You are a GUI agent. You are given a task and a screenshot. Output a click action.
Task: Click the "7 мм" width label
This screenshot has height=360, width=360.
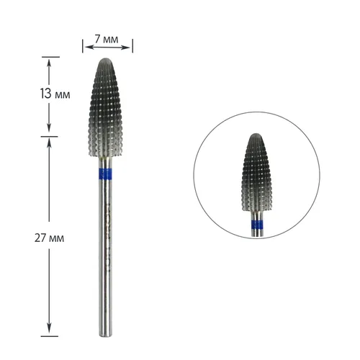(107, 33)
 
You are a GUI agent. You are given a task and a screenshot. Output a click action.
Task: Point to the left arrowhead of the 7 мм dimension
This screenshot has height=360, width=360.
(86, 47)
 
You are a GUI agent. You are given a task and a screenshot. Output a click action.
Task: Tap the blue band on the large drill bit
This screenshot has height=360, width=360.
(107, 174)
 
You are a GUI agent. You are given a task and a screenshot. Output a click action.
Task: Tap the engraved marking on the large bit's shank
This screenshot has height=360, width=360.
(107, 216)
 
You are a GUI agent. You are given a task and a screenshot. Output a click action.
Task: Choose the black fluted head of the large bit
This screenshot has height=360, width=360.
(107, 115)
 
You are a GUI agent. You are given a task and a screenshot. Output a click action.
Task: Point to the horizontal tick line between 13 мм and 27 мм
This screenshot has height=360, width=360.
(49, 135)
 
